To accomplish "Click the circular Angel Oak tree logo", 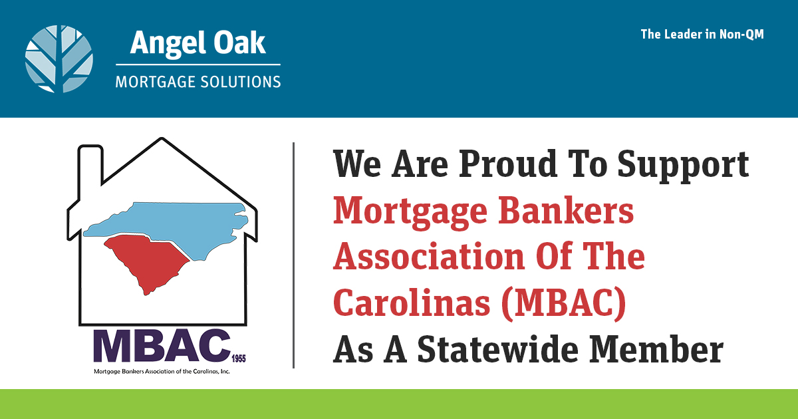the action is pyautogui.click(x=59, y=59).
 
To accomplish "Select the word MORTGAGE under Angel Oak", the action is pyautogui.click(x=154, y=82).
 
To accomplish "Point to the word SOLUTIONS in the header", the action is pyautogui.click(x=241, y=82).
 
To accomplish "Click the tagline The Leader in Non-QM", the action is pyautogui.click(x=702, y=34).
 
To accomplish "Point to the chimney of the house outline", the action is pyautogui.click(x=90, y=164).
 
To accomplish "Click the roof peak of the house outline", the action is pyautogui.click(x=162, y=138).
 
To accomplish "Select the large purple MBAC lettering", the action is pyautogui.click(x=162, y=346).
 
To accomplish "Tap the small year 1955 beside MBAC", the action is pyautogui.click(x=239, y=358).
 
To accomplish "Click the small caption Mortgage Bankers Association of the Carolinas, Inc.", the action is pyautogui.click(x=162, y=371).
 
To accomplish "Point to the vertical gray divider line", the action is pyautogui.click(x=293, y=255).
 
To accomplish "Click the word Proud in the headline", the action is pyautogui.click(x=508, y=164).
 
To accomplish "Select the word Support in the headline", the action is pyautogui.click(x=684, y=166).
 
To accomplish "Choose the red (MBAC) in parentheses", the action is pyautogui.click(x=563, y=303).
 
